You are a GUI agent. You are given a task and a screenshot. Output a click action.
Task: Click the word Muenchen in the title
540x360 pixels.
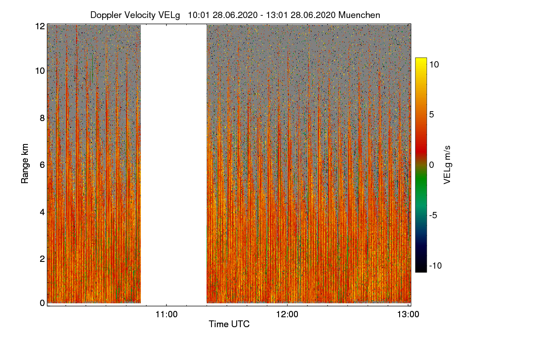pyautogui.click(x=359, y=15)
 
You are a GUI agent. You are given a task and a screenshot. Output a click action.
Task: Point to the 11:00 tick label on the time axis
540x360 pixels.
pyautogui.click(x=166, y=315)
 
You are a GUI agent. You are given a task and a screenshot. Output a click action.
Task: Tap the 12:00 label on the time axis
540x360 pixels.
pyautogui.click(x=287, y=315)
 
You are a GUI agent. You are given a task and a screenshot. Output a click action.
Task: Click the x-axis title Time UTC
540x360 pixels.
pyautogui.click(x=229, y=324)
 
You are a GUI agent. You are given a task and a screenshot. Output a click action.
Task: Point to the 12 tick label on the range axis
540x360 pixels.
pyautogui.click(x=40, y=26)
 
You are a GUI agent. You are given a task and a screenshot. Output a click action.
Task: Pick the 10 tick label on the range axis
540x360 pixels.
pyautogui.click(x=40, y=71)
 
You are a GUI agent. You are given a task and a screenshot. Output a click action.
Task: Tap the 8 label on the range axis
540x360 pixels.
pyautogui.click(x=42, y=118)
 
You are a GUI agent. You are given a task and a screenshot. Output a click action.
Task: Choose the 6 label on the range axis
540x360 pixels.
pyautogui.click(x=42, y=165)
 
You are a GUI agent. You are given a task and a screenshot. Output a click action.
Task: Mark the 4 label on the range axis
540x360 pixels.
pyautogui.click(x=42, y=211)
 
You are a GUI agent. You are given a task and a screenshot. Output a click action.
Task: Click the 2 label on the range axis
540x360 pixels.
pyautogui.click(x=42, y=258)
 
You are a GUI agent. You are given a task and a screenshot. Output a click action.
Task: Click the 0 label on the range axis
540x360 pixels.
pyautogui.click(x=42, y=303)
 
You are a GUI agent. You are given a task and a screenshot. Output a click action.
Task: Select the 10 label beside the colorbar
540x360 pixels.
pyautogui.click(x=434, y=64)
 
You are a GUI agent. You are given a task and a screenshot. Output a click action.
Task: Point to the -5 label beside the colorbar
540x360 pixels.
pyautogui.click(x=434, y=215)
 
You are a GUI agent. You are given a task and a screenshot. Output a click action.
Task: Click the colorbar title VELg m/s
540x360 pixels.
pyautogui.click(x=447, y=164)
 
